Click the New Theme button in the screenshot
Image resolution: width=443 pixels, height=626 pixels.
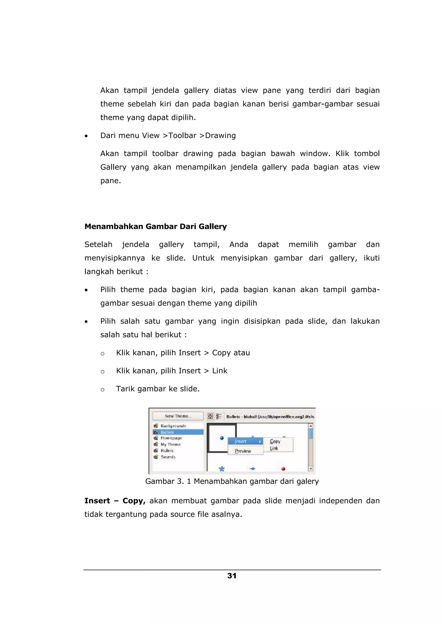178,416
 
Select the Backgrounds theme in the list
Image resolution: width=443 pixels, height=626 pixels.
173,426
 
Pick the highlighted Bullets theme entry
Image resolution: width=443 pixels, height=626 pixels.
167,432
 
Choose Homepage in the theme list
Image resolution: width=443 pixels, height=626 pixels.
171,438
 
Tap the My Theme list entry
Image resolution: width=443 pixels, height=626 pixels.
170,444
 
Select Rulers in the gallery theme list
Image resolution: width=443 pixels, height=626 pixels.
167,451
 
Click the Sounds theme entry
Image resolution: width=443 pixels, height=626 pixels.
168,457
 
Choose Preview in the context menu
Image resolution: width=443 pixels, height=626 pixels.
243,451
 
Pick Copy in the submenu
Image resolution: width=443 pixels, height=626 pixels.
275,441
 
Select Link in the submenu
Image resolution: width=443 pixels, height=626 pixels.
274,448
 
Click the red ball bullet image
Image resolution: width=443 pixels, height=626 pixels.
283,469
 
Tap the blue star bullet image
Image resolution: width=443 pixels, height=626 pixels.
222,469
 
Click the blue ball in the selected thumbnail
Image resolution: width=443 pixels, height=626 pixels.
222,438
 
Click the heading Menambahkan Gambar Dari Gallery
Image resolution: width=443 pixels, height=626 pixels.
156,227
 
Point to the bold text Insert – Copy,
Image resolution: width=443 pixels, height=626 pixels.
115,501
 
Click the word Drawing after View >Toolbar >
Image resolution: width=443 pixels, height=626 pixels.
220,135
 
